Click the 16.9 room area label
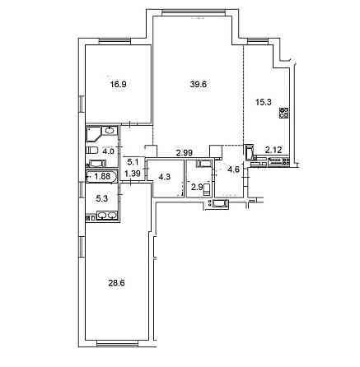click(x=120, y=82)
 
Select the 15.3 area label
click(x=262, y=102)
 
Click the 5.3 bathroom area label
click(x=101, y=197)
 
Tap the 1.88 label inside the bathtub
click(x=103, y=175)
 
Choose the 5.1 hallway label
click(x=132, y=162)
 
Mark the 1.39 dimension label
click(x=132, y=174)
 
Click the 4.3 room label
click(x=164, y=175)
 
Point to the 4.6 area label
click(x=233, y=170)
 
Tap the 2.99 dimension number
click(x=185, y=152)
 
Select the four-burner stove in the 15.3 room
click(x=284, y=114)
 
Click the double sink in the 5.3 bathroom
click(x=105, y=216)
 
